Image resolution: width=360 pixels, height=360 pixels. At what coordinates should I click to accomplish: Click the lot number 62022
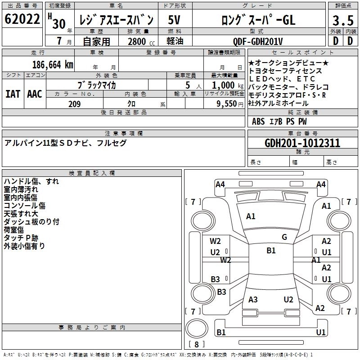click(22, 19)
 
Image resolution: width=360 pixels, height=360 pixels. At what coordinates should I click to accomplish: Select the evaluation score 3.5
click(342, 20)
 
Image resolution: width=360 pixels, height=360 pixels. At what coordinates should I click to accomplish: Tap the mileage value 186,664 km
click(53, 64)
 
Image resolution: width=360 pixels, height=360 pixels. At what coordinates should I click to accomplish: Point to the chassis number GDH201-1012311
click(302, 143)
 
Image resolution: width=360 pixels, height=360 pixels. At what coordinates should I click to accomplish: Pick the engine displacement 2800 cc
click(140, 41)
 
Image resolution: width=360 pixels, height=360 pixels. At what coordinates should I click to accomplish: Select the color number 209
click(74, 104)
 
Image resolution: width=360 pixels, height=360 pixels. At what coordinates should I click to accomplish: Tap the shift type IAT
click(13, 94)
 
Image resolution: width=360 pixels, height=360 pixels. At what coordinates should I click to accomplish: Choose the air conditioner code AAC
click(35, 94)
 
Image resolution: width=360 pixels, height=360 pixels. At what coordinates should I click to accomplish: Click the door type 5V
click(174, 20)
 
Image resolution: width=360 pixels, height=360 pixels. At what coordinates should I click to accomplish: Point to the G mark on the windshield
click(284, 237)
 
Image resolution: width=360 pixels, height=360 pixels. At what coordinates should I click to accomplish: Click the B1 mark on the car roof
click(271, 251)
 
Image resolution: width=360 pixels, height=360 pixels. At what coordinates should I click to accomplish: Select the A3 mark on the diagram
click(253, 300)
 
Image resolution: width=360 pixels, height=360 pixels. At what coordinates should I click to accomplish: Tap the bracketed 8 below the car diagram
click(196, 345)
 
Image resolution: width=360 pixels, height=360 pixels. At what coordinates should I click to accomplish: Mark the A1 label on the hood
click(251, 216)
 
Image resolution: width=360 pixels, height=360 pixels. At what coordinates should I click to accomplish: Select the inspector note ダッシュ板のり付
click(31, 222)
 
